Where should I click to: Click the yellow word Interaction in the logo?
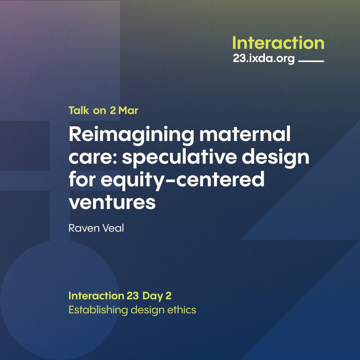point(278,43)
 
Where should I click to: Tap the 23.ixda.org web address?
point(264,59)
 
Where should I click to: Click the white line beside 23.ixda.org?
point(311,61)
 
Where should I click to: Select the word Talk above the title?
point(79,111)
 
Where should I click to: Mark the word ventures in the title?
point(112,202)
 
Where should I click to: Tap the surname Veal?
point(113,229)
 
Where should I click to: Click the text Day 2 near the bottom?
point(157,296)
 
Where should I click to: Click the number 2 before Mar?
point(113,111)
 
